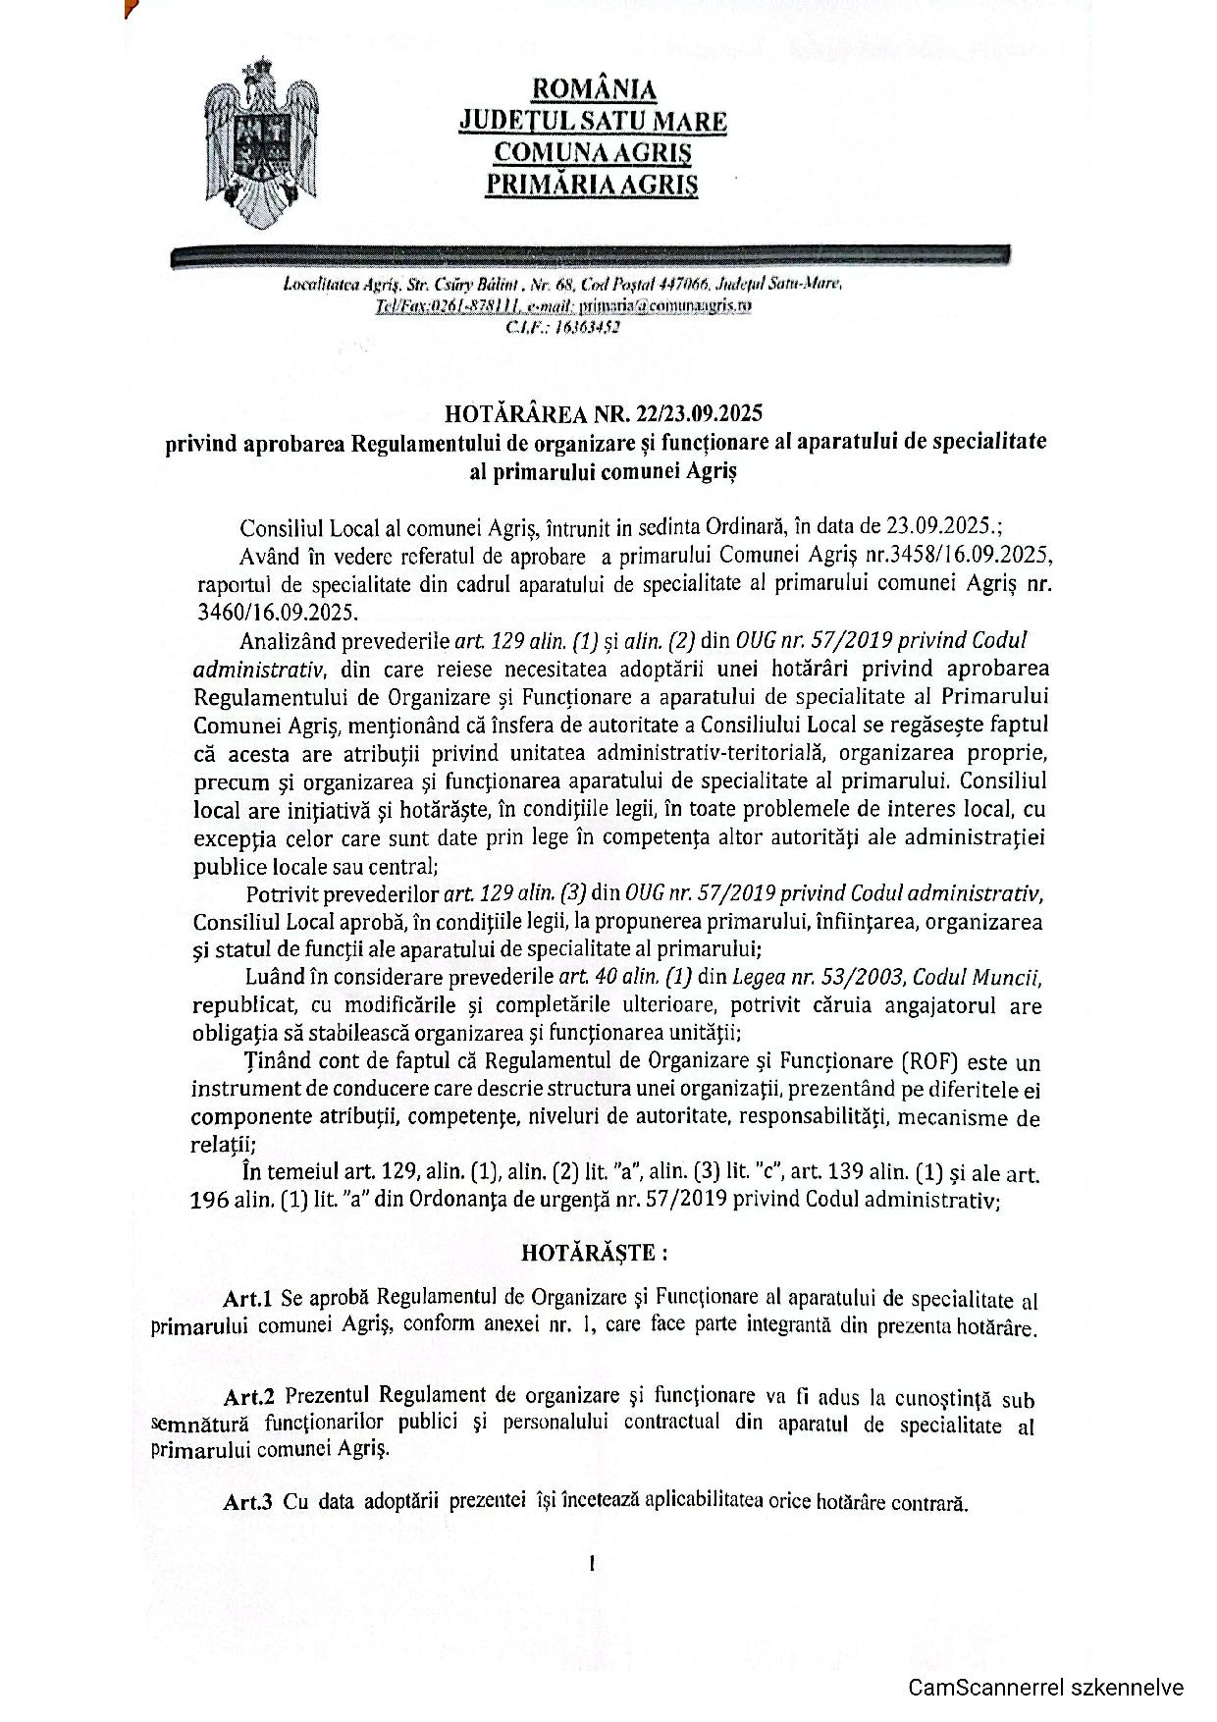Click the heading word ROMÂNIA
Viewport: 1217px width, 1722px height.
point(593,89)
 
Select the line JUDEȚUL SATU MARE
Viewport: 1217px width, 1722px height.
point(593,122)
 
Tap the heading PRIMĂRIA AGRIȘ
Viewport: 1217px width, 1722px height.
point(592,184)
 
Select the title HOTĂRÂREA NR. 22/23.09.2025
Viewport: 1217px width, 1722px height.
point(603,411)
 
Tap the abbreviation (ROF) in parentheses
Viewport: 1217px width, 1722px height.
point(923,1062)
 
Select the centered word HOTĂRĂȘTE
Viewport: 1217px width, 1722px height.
point(593,1253)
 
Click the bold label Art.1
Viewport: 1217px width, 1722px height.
point(247,1299)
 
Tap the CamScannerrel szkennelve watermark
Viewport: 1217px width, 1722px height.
point(1046,1688)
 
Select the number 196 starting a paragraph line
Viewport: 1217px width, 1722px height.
point(210,1201)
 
